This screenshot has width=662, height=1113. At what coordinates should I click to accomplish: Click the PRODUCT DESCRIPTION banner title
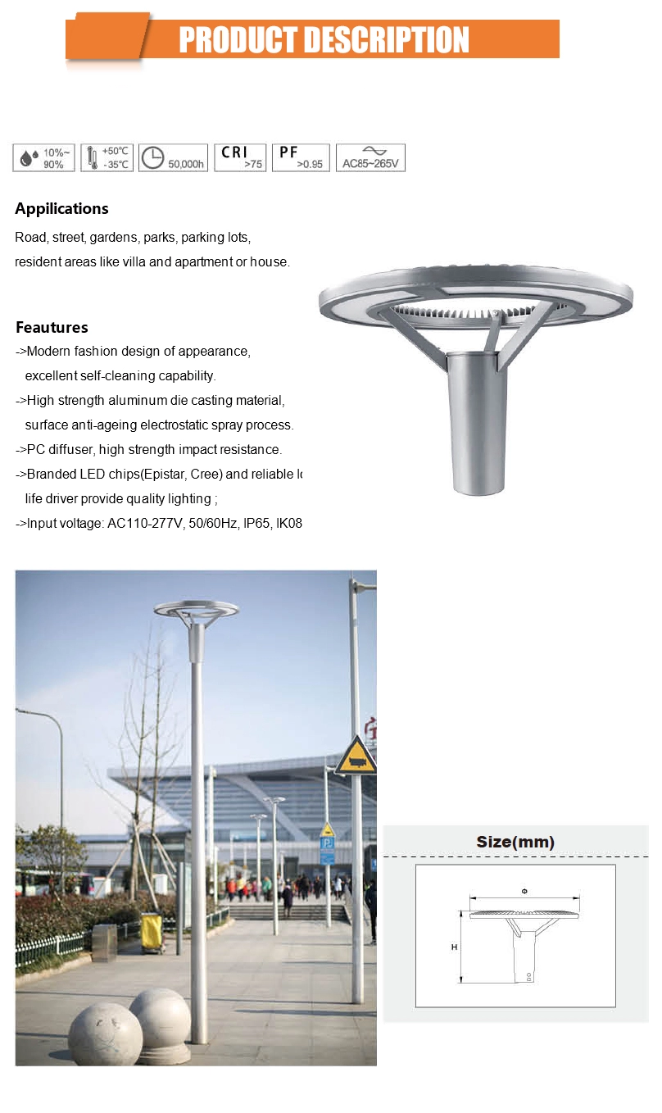pyautogui.click(x=324, y=39)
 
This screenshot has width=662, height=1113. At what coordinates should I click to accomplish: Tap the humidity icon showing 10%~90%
pyautogui.click(x=44, y=157)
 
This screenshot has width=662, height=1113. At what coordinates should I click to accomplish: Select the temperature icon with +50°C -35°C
pyautogui.click(x=107, y=157)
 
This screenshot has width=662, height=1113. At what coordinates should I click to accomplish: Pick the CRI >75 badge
pyautogui.click(x=240, y=157)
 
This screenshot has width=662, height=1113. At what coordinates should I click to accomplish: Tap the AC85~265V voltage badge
pyautogui.click(x=370, y=157)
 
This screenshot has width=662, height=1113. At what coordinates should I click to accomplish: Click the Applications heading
pyautogui.click(x=61, y=209)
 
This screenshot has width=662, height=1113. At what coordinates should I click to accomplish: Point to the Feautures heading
pyautogui.click(x=52, y=328)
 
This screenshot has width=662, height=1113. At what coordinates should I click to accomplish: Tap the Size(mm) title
pyautogui.click(x=515, y=842)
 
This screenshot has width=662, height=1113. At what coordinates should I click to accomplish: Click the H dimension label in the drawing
pyautogui.click(x=454, y=947)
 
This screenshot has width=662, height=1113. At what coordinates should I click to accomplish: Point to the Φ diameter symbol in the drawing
pyautogui.click(x=524, y=890)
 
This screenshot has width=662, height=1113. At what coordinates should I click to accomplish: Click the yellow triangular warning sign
pyautogui.click(x=356, y=756)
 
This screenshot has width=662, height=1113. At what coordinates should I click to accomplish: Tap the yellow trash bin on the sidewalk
pyautogui.click(x=152, y=932)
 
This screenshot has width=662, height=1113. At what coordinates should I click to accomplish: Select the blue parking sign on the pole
pyautogui.click(x=327, y=851)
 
